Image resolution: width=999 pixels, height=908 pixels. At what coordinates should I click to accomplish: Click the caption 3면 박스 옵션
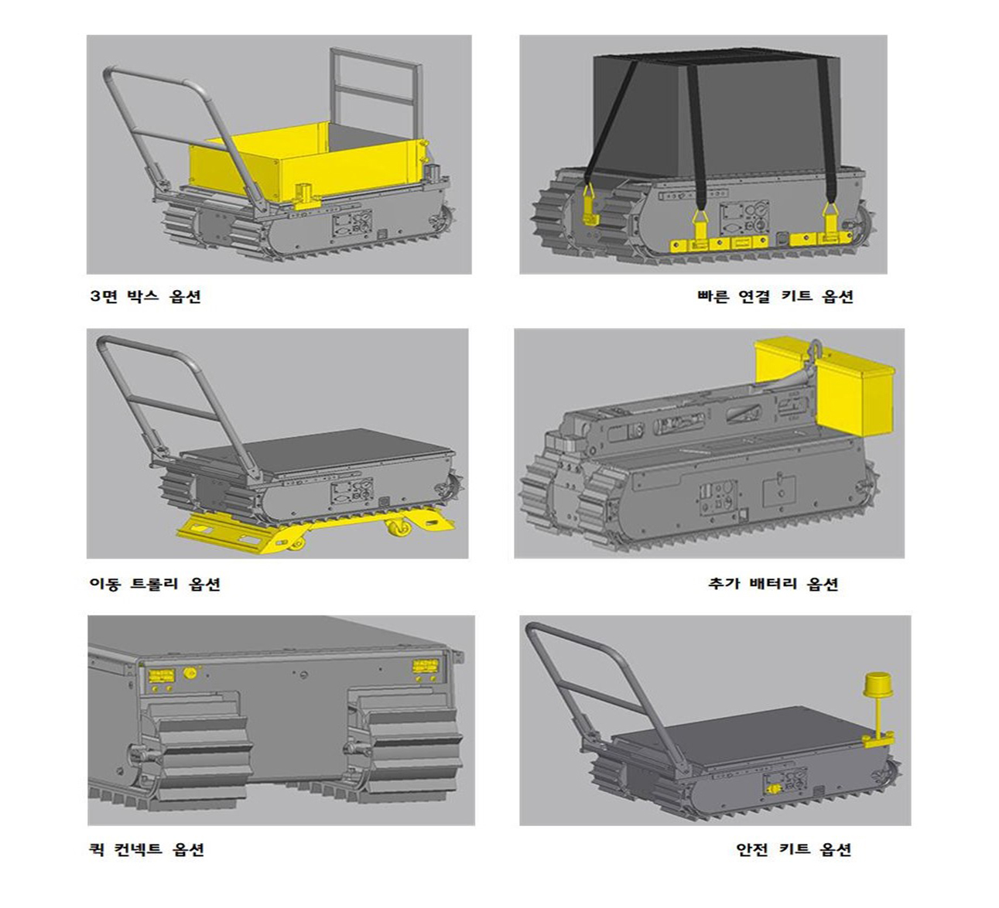(x=145, y=296)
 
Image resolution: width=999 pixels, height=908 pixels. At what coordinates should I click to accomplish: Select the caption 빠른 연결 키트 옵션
(x=775, y=296)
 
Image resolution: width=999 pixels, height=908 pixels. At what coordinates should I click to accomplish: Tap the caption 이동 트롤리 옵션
(x=155, y=583)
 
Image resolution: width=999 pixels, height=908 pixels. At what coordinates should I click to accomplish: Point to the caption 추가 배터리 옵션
(x=773, y=583)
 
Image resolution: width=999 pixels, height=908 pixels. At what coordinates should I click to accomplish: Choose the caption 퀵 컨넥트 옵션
(x=146, y=848)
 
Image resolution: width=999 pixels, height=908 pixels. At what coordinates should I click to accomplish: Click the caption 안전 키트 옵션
(x=794, y=848)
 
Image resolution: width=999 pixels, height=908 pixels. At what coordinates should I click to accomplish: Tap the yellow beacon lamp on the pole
(x=877, y=685)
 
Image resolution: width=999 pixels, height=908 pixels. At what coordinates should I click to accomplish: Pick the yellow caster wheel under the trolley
(x=399, y=527)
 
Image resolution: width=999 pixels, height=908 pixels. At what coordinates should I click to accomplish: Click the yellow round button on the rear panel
(x=190, y=674)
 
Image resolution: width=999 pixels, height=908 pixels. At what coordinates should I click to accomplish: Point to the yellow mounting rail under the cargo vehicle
(x=759, y=244)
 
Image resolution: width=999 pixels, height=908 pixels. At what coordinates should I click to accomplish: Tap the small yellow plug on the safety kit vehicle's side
(x=773, y=789)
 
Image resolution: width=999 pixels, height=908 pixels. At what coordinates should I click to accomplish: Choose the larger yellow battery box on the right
(x=854, y=399)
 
